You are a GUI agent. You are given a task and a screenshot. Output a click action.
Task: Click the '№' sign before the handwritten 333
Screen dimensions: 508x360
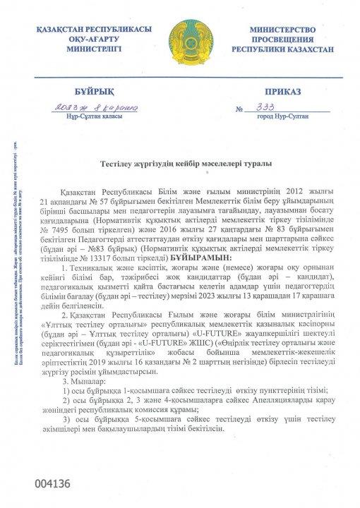pos(239,109)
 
